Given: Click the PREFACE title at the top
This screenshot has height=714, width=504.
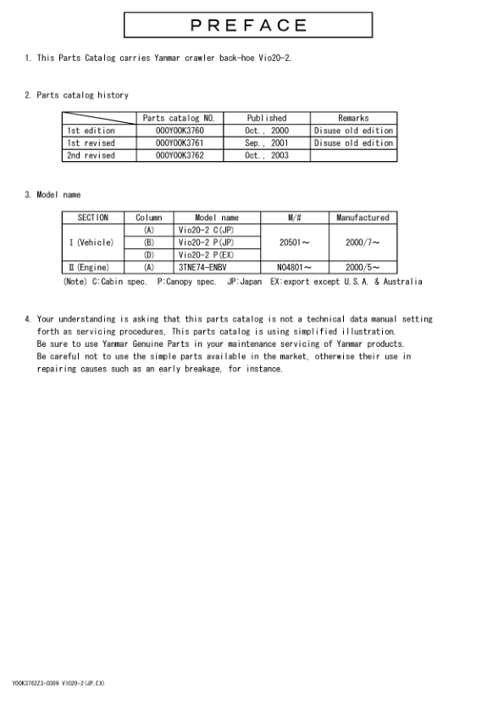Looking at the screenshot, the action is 248,25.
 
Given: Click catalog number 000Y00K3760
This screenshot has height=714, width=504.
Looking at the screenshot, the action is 180,131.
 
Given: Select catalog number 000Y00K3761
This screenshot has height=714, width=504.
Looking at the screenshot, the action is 180,143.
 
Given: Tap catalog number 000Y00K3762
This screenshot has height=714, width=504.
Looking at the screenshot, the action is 180,156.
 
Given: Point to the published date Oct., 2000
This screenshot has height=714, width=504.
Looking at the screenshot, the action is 266,131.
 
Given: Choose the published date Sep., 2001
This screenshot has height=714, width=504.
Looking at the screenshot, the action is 266,143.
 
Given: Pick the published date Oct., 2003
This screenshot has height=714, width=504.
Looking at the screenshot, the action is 266,156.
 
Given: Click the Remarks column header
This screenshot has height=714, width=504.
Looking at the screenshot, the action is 353,118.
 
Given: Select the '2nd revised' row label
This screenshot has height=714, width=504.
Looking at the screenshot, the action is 91,156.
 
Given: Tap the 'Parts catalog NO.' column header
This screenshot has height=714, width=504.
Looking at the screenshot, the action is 180,118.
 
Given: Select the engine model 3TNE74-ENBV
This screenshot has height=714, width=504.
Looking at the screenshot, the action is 202,267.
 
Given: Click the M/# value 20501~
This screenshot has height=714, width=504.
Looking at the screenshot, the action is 294,243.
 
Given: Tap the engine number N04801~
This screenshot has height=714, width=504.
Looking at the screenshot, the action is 294,267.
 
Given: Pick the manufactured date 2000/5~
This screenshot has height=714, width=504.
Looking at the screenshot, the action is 363,267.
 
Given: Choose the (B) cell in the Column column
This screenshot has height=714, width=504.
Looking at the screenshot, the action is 149,243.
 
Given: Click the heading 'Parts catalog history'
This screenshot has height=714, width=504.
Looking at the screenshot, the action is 82,95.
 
